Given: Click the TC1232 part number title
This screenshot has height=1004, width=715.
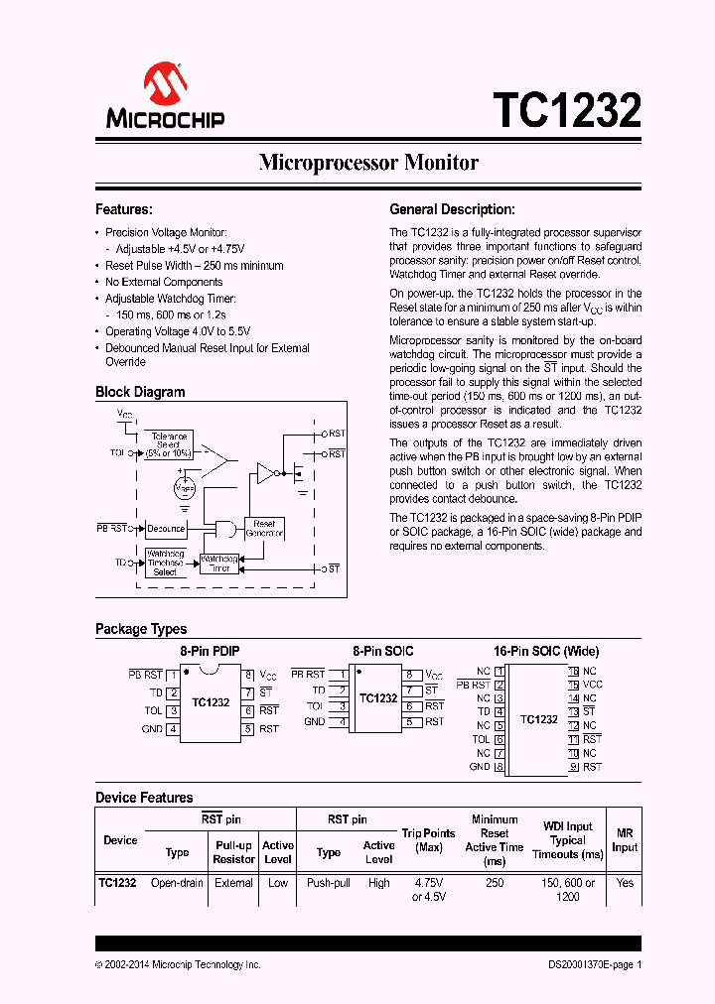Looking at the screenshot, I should click(x=567, y=110).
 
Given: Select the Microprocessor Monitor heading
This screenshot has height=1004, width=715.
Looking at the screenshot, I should click(x=368, y=163).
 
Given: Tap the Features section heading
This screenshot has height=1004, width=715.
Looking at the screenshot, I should click(x=123, y=209).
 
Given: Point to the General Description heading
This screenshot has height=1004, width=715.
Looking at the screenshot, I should click(x=452, y=209).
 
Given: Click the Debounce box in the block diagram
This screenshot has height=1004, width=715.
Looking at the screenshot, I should click(x=166, y=529).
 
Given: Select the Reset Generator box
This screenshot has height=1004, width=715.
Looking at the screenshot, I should click(x=264, y=529).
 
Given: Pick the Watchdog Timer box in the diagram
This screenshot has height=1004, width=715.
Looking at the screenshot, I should click(x=219, y=564).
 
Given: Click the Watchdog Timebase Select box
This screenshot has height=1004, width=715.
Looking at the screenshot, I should click(x=166, y=564).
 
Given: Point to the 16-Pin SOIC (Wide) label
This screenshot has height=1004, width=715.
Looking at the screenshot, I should click(x=546, y=651).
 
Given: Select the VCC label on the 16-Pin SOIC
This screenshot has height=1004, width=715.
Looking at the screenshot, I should click(x=592, y=685).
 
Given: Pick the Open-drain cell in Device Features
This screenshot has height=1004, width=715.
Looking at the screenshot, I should click(x=177, y=882).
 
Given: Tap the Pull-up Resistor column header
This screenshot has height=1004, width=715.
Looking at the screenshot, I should click(x=234, y=852).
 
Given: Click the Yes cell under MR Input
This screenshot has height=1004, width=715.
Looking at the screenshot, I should click(x=624, y=882).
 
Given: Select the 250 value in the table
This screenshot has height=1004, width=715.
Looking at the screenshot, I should click(x=495, y=882).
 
